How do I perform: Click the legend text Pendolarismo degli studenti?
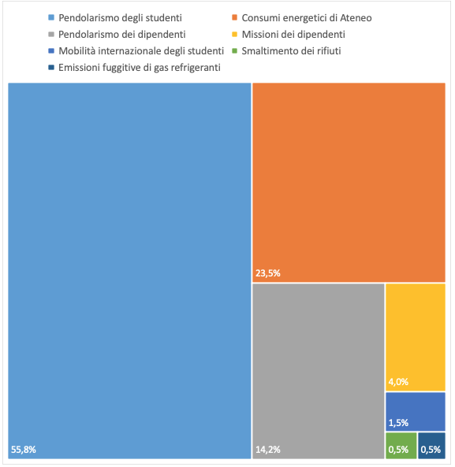tap(121, 17)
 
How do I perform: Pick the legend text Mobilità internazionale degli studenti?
tap(143, 50)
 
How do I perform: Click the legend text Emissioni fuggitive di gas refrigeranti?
tap(140, 67)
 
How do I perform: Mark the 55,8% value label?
tap(24, 450)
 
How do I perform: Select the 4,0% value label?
tap(398, 382)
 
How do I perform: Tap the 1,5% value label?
tap(398, 422)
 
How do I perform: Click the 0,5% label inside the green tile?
tap(398, 450)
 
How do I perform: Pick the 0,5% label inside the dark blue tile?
tap(431, 450)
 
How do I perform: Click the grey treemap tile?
tap(318, 362)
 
